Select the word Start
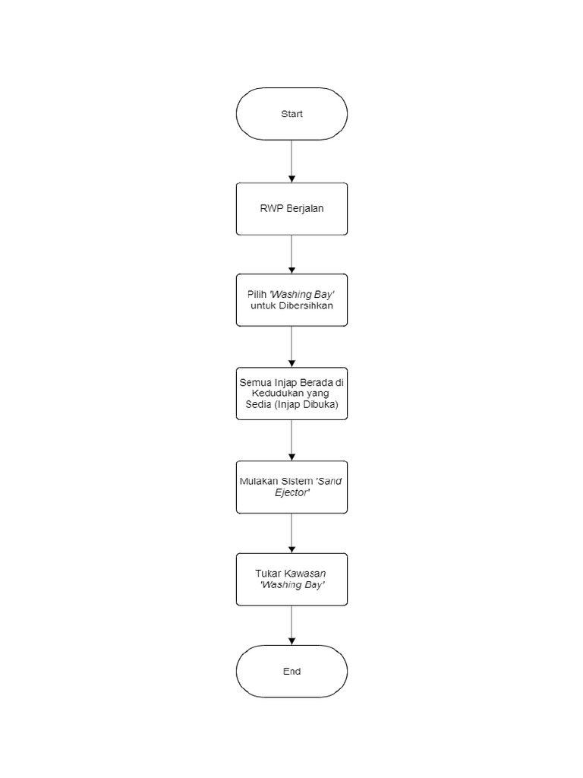tap(291, 114)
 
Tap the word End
tap(291, 672)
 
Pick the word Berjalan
tap(305, 209)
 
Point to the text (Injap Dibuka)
tap(317, 405)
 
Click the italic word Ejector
tap(291, 492)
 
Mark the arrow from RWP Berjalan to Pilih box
tap(291, 254)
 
